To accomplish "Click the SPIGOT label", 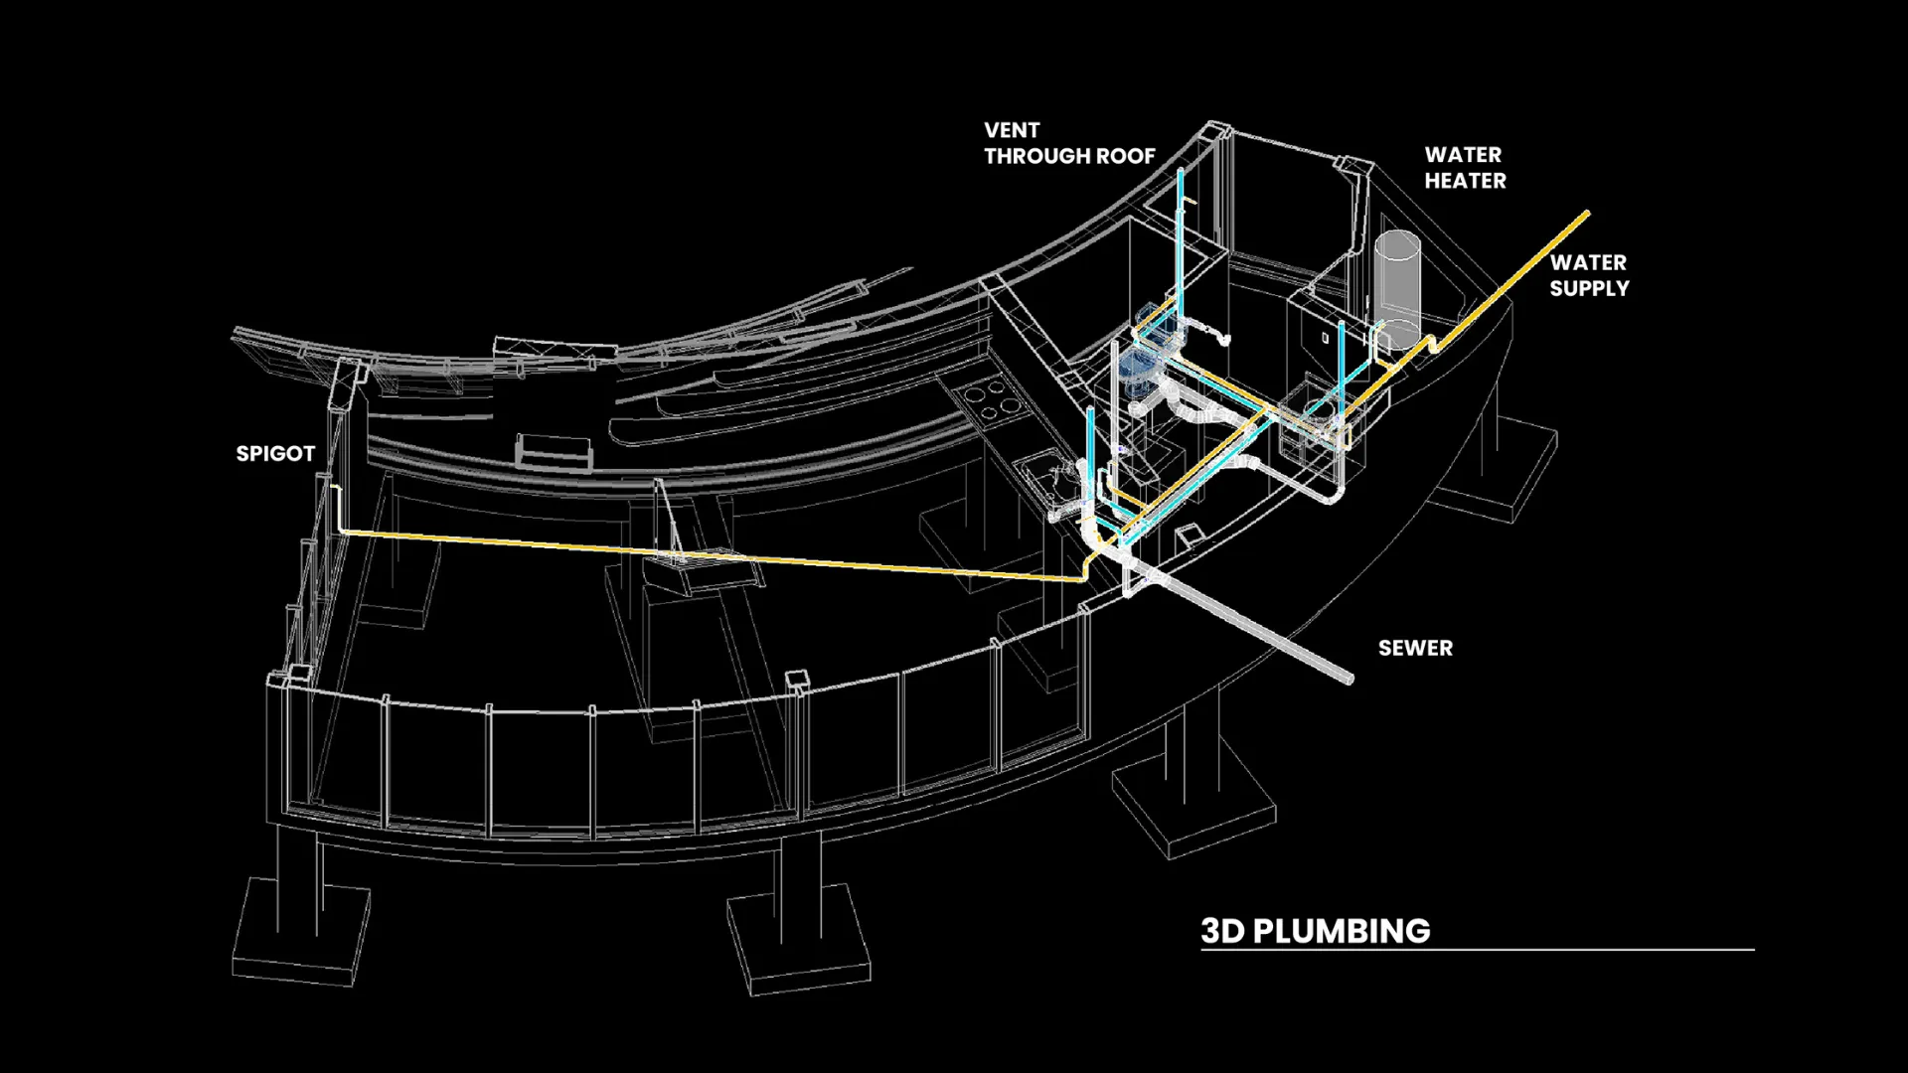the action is click(275, 454).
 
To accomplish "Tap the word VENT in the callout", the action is click(1012, 130).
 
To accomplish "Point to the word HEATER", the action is click(1465, 181).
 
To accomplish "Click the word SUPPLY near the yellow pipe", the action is click(1589, 288).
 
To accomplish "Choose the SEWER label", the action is click(1415, 648).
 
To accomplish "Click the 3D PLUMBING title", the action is click(1315, 931).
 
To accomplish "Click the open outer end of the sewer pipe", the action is click(1349, 680).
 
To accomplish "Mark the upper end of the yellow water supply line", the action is click(1586, 214).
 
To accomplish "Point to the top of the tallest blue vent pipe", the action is click(1181, 172).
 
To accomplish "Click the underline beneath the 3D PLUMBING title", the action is click(1477, 951).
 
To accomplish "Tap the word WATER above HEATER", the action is click(1463, 155).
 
